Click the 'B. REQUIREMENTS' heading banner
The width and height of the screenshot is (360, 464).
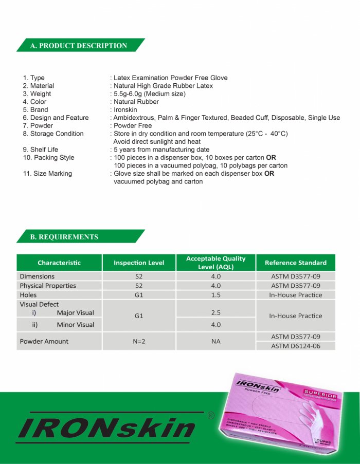pos(64,237)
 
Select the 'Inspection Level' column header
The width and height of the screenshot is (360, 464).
pos(139,263)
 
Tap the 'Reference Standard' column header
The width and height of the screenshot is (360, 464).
pos(295,263)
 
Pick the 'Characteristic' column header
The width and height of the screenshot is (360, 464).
pos(59,263)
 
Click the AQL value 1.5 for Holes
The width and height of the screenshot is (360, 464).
pos(216,295)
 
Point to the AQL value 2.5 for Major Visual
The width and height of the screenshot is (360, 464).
pos(216,312)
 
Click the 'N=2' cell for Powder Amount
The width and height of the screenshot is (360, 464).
pos(139,341)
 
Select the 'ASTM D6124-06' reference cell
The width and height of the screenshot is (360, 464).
pos(295,346)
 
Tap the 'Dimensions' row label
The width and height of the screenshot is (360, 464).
pos(37,276)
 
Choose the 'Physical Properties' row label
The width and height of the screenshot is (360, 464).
pos(48,286)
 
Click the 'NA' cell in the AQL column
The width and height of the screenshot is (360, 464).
pos(216,341)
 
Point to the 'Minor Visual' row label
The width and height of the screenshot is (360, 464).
pos(75,325)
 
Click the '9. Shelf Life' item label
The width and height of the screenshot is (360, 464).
pos(41,150)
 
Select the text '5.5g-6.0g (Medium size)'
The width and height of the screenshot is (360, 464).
pos(150,94)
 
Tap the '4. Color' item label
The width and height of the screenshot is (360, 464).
pos(34,102)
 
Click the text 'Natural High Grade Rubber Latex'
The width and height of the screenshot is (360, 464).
pos(163,86)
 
